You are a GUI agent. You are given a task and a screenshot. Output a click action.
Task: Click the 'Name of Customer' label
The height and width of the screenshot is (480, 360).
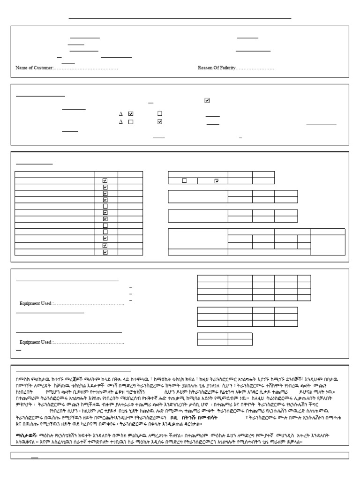pos(33,68)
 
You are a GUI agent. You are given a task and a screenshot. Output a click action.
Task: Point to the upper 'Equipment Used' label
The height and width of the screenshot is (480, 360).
pos(35,304)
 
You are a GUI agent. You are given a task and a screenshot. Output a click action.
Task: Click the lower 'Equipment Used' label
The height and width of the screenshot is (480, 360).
pos(35,342)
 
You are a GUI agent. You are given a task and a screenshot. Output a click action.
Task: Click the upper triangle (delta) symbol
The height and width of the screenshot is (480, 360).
pos(120,113)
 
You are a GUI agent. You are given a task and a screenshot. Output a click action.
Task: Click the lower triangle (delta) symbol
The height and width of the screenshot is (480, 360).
pos(120,122)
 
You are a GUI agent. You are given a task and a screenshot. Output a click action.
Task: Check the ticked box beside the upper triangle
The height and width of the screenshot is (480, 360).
pos(131,113)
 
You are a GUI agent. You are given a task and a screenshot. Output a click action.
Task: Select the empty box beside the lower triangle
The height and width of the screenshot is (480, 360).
pos(131,122)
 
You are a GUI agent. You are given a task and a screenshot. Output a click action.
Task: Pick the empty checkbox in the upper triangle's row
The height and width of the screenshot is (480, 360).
pos(160,113)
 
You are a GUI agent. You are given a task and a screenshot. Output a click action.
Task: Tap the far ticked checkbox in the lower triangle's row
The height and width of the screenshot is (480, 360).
pos(160,122)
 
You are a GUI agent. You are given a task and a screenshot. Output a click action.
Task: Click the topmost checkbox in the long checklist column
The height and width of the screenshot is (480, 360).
pos(105,180)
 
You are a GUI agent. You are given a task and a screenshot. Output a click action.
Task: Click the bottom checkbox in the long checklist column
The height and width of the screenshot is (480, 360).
pos(105,252)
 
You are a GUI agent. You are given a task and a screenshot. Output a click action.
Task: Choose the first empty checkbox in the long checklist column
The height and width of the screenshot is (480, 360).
pos(105,206)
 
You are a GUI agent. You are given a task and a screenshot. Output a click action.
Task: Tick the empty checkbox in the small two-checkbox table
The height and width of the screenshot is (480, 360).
pos(184,181)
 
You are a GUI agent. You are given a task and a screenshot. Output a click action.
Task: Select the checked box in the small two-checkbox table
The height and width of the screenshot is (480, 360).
pos(217,181)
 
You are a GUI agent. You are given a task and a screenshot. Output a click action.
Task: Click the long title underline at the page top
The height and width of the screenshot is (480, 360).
pos(180,19)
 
